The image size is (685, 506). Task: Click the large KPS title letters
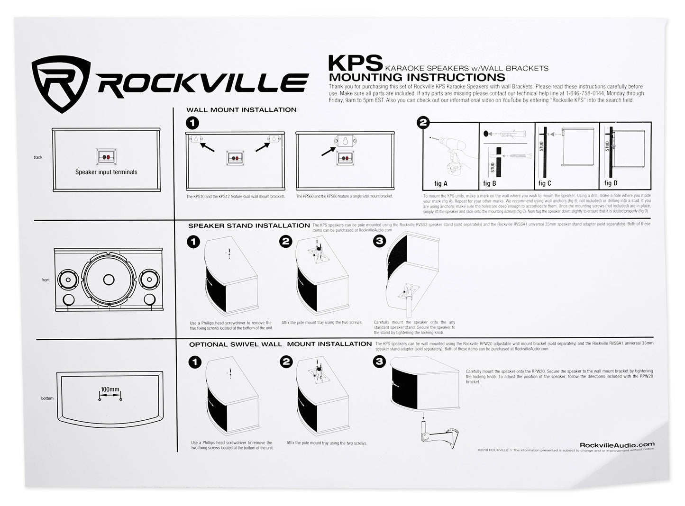coord(355,63)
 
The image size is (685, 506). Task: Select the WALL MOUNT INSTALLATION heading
coord(241,110)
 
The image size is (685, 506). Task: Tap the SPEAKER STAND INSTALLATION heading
coord(249,226)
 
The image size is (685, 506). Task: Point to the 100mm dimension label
coord(110,389)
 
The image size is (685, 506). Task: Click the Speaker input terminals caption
coord(106,172)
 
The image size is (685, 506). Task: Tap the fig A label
coord(441,183)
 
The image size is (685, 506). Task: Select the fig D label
coord(611,183)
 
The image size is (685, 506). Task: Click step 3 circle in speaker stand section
coord(380,242)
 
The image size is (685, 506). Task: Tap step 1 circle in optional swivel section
coord(194,362)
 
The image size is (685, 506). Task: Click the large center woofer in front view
coord(109,280)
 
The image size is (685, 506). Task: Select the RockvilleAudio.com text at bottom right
coord(617,444)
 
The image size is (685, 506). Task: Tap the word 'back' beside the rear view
coord(38,157)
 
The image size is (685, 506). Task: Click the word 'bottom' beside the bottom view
coord(47,398)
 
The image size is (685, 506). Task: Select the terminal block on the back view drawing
coord(106,157)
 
